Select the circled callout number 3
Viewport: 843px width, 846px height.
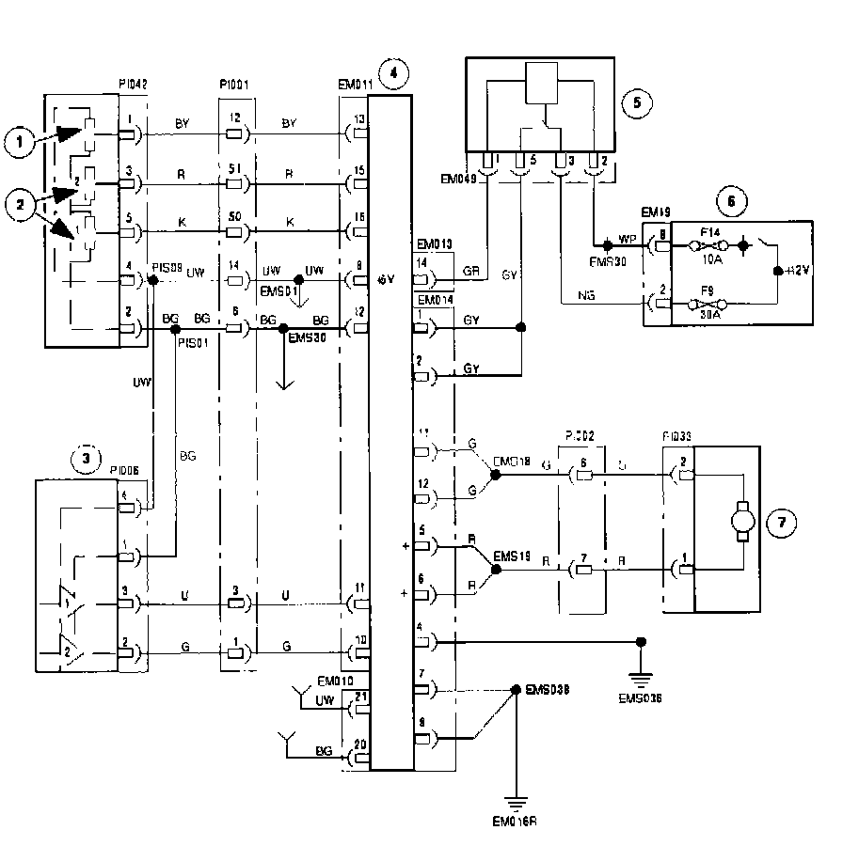(x=86, y=460)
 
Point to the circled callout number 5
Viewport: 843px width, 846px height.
(x=637, y=102)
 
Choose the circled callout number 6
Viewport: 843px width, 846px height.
(x=730, y=198)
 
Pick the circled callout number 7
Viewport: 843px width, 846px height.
(x=783, y=522)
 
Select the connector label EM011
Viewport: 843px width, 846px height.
(x=355, y=85)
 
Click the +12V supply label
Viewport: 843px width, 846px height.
(x=798, y=270)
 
